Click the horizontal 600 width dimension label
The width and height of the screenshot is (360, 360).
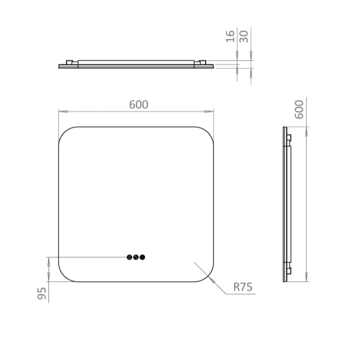point(138,105)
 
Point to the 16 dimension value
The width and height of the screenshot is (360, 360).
point(231,36)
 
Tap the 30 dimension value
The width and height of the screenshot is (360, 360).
point(244,36)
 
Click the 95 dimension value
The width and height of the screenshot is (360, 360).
point(42,293)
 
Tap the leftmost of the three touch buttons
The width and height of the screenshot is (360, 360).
point(129,257)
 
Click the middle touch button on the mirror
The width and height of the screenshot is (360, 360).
point(136,257)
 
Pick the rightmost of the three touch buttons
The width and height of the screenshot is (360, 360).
point(142,257)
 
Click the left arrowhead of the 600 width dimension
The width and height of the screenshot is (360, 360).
point(61,111)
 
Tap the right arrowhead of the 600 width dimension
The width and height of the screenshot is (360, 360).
point(211,111)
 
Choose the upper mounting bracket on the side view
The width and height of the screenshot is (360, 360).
point(289,138)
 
